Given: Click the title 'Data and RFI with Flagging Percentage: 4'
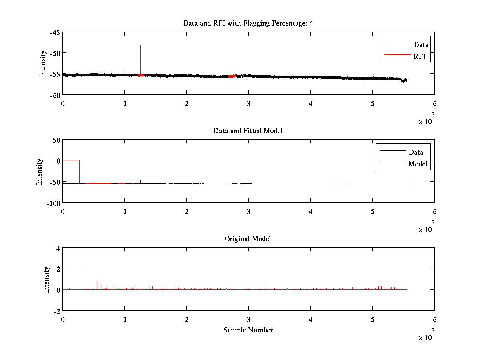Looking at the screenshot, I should (x=248, y=23).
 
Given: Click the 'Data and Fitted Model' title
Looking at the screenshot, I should (x=248, y=131).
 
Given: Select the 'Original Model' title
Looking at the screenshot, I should (x=248, y=239).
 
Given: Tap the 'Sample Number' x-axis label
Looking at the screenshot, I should (x=248, y=330).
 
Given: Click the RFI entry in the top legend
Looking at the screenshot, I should (x=422, y=56).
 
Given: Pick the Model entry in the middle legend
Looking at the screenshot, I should (x=418, y=164).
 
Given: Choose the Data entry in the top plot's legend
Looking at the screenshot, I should (x=421, y=45).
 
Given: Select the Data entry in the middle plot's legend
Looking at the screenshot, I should (x=416, y=152).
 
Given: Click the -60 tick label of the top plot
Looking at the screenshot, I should (x=55, y=95).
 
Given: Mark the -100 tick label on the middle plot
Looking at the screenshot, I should (x=53, y=203).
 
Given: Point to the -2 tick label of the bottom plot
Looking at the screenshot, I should (x=56, y=311).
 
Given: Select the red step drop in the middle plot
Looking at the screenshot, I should (x=79, y=172).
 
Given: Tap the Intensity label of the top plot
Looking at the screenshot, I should (x=43, y=64).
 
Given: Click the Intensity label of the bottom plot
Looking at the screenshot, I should (x=47, y=279).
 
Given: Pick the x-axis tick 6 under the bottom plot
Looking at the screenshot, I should (x=434, y=320).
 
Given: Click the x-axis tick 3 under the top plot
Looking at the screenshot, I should (x=248, y=104).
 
